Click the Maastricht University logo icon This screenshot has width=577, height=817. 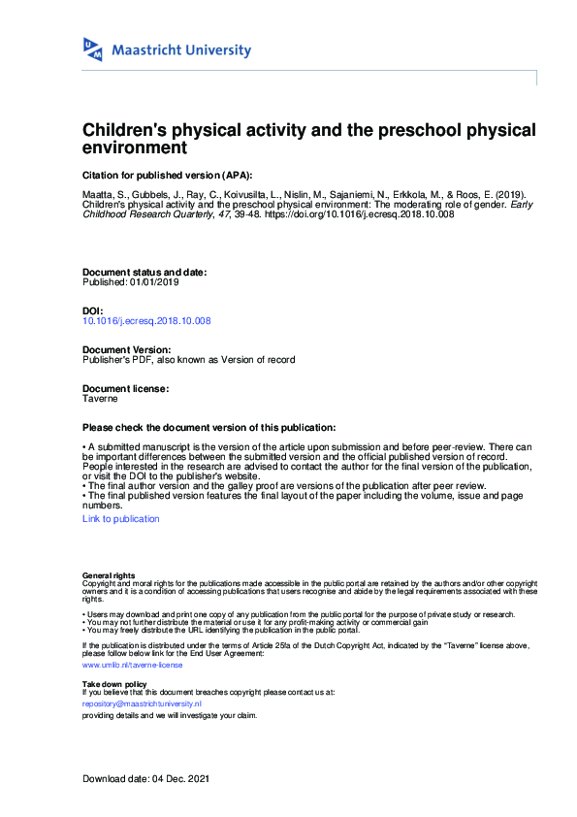click(93, 49)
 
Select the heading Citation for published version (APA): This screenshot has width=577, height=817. click(167, 175)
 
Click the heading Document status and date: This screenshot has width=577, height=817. click(144, 273)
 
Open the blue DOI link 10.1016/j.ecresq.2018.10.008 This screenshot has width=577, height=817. click(146, 320)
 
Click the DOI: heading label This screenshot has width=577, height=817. click(93, 310)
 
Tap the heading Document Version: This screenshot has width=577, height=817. click(127, 349)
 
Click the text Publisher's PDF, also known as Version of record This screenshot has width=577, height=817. click(189, 359)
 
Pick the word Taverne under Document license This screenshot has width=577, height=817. click(100, 398)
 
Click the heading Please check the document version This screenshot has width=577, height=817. click(209, 428)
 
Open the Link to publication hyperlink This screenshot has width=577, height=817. click(121, 519)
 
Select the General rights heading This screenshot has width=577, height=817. click(109, 575)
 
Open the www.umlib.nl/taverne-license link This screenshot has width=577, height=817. click(133, 666)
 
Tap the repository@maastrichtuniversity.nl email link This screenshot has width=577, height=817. click(142, 703)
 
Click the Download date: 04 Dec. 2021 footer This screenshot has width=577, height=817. click(145, 779)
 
